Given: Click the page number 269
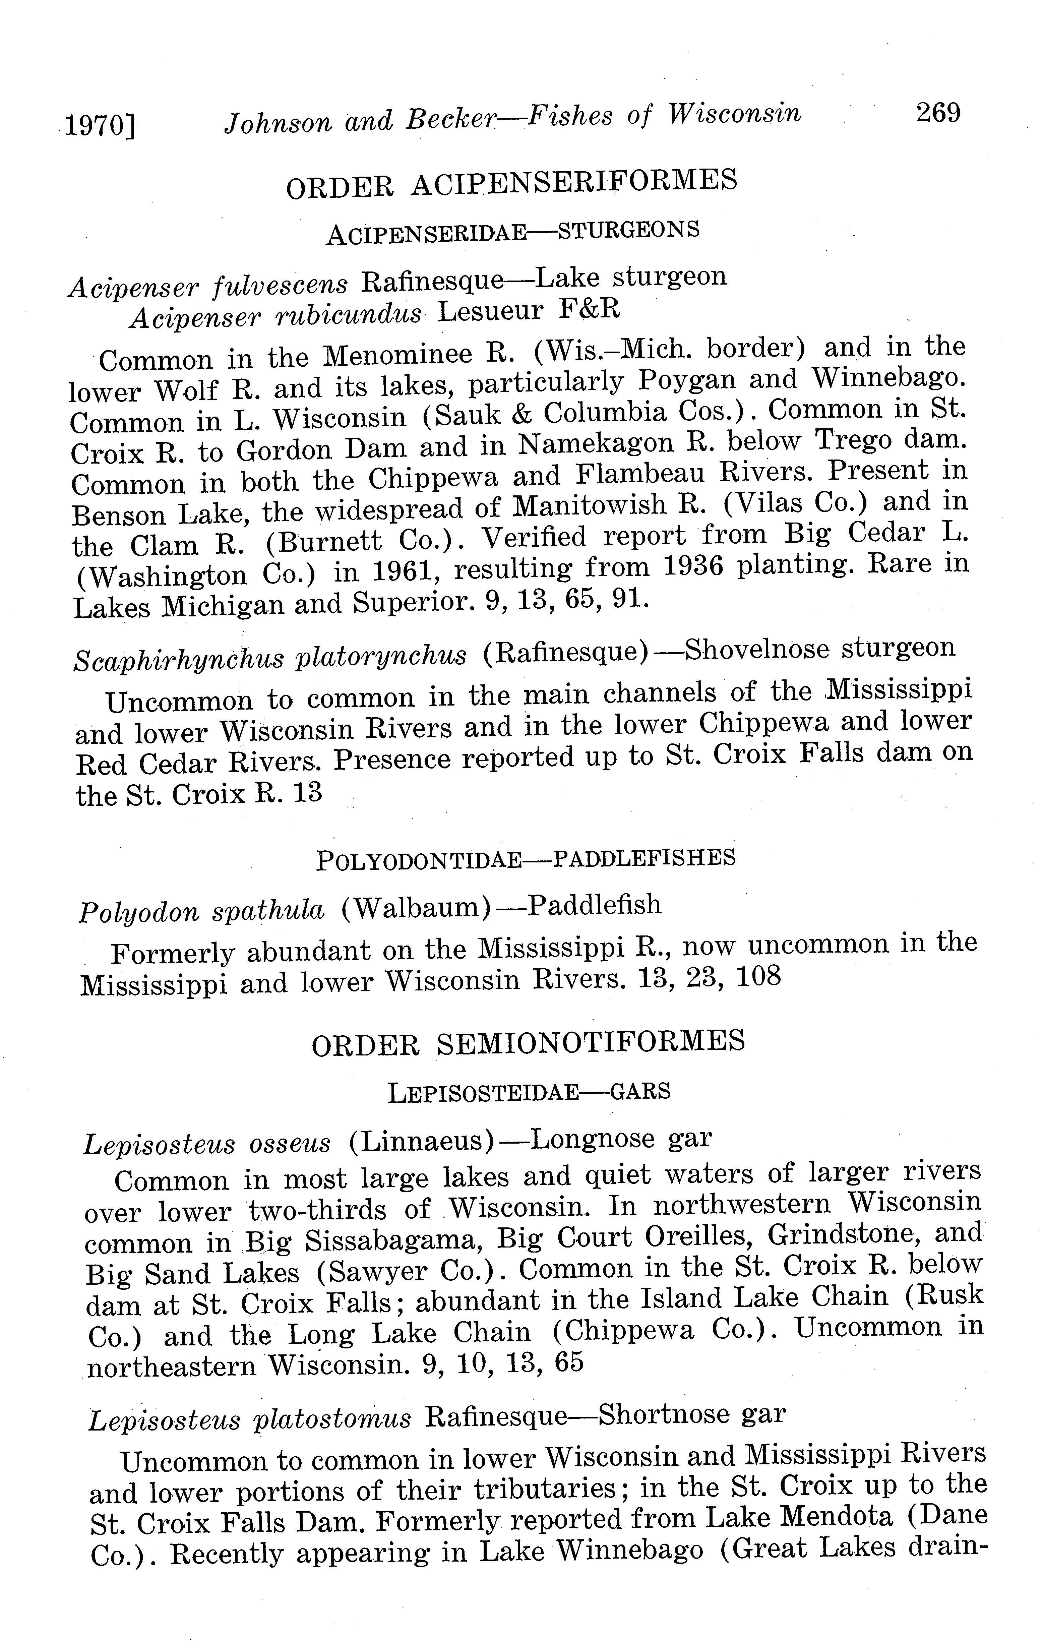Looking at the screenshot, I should point(938,112).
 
